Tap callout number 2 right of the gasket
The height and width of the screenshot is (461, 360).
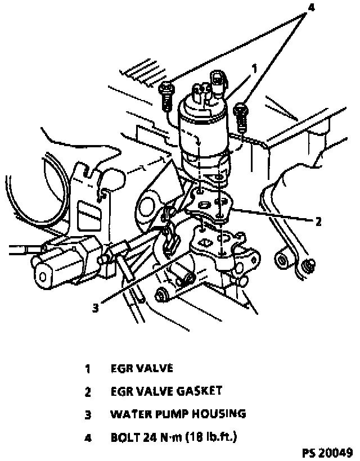[x=318, y=221]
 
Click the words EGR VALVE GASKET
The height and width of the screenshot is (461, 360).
[x=166, y=391]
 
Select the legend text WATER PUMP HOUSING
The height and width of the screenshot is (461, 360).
[x=178, y=414]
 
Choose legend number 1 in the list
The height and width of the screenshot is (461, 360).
[x=88, y=369]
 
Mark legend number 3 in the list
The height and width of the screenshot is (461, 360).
[x=88, y=415]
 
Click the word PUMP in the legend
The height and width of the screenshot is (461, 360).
[x=171, y=414]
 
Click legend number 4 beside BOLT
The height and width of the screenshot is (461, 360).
[x=88, y=437]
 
